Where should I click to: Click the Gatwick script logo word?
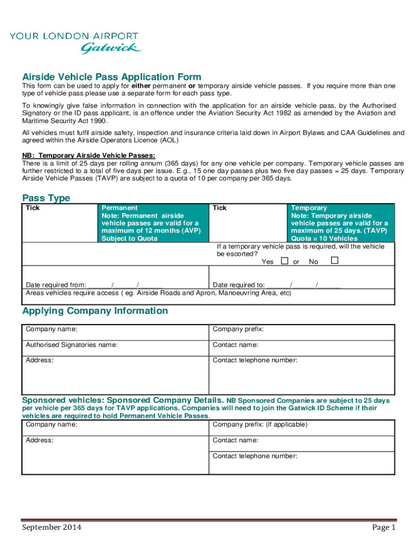point(111,48)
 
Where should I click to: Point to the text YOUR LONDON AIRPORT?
point(74,36)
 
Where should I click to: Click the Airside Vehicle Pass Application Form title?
point(111,77)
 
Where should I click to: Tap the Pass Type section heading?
point(46,198)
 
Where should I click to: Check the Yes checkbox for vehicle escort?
point(284,261)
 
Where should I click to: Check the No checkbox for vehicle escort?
point(334,261)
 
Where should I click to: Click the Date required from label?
point(56,285)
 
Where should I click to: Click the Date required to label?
point(238,285)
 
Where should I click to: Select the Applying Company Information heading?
point(95,311)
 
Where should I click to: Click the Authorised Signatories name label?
point(72,345)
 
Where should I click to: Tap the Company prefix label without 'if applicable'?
point(238,329)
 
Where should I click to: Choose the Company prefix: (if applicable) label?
point(260,424)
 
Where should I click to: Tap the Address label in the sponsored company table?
point(40,440)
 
